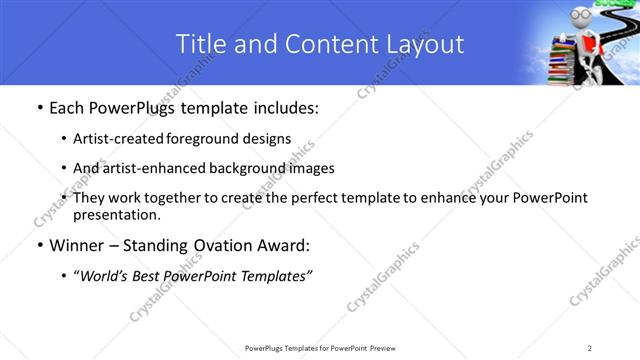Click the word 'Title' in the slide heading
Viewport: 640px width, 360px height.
pos(200,44)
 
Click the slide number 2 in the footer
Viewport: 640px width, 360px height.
pos(590,348)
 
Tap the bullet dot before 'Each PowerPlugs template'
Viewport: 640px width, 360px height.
pos(39,108)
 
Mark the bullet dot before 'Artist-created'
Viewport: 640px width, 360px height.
pos(65,138)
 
